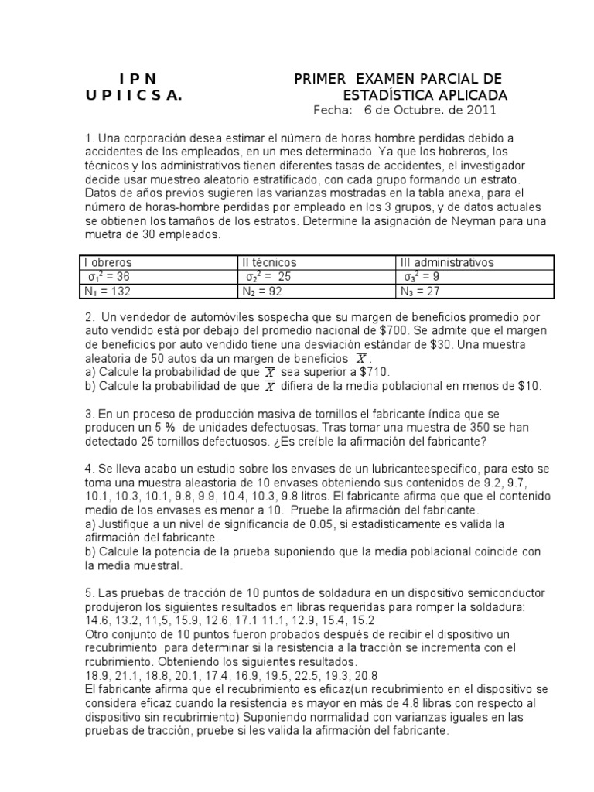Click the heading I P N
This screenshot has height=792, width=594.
[138, 79]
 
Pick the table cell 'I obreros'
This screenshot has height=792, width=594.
[108, 263]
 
